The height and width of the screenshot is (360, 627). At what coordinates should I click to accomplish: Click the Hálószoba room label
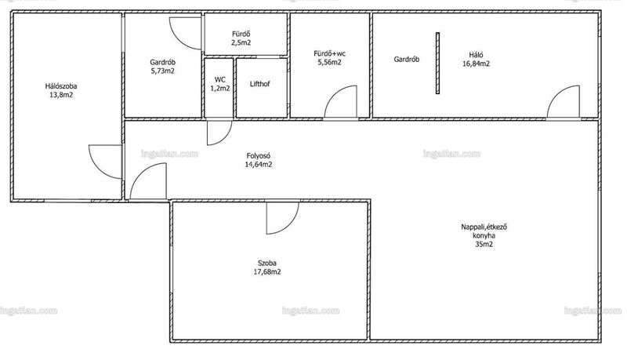(61, 86)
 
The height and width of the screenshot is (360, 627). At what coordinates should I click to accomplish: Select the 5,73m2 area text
(162, 71)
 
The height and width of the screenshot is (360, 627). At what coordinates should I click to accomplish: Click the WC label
(220, 79)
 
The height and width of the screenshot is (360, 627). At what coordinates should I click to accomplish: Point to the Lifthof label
(259, 84)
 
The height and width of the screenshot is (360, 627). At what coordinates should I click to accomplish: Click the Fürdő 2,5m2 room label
(241, 38)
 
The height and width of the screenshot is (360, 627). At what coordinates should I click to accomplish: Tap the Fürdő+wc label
(329, 53)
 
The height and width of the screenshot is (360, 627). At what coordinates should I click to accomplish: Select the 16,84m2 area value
(476, 64)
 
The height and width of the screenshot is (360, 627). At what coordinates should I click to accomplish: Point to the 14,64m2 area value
(259, 165)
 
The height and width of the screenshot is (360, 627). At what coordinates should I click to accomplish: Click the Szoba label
(266, 264)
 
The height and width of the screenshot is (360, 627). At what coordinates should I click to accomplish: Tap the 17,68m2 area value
(266, 272)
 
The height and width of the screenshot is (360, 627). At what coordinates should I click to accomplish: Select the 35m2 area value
(484, 245)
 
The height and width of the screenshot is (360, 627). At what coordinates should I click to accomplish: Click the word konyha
(484, 235)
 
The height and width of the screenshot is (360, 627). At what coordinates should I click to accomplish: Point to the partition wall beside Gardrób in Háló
(437, 64)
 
